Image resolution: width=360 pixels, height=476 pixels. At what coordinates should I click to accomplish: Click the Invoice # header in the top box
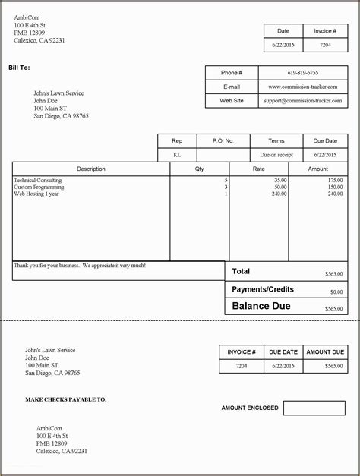(325, 31)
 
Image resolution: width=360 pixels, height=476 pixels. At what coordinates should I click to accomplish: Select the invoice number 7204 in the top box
(325, 46)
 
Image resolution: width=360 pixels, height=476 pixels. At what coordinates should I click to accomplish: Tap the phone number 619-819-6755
(303, 73)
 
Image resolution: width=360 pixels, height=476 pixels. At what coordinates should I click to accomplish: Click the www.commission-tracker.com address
(303, 87)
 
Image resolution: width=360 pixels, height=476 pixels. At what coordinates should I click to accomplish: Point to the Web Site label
(232, 100)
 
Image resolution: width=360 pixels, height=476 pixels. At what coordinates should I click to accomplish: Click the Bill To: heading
(19, 68)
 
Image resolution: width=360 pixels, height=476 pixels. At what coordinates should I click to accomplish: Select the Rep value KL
(177, 154)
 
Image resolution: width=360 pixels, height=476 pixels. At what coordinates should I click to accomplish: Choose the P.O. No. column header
(223, 140)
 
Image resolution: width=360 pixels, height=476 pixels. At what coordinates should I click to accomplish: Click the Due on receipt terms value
(276, 154)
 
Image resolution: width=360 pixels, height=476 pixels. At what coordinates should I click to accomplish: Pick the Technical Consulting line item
(39, 180)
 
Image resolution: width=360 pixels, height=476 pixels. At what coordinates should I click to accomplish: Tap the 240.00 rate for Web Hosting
(279, 194)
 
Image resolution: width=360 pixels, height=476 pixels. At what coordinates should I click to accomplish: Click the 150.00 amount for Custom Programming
(335, 187)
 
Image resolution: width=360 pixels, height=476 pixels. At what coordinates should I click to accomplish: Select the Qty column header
(199, 169)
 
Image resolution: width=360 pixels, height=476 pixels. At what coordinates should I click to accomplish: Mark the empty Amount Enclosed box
(314, 408)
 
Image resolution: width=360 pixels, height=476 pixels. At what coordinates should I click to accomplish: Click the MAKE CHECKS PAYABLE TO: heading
(65, 399)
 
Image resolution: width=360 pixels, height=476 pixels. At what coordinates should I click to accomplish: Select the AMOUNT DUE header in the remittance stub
(324, 352)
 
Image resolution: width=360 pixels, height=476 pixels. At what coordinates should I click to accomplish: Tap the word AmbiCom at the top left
(27, 17)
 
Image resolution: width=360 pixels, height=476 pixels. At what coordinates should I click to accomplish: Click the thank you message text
(80, 266)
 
